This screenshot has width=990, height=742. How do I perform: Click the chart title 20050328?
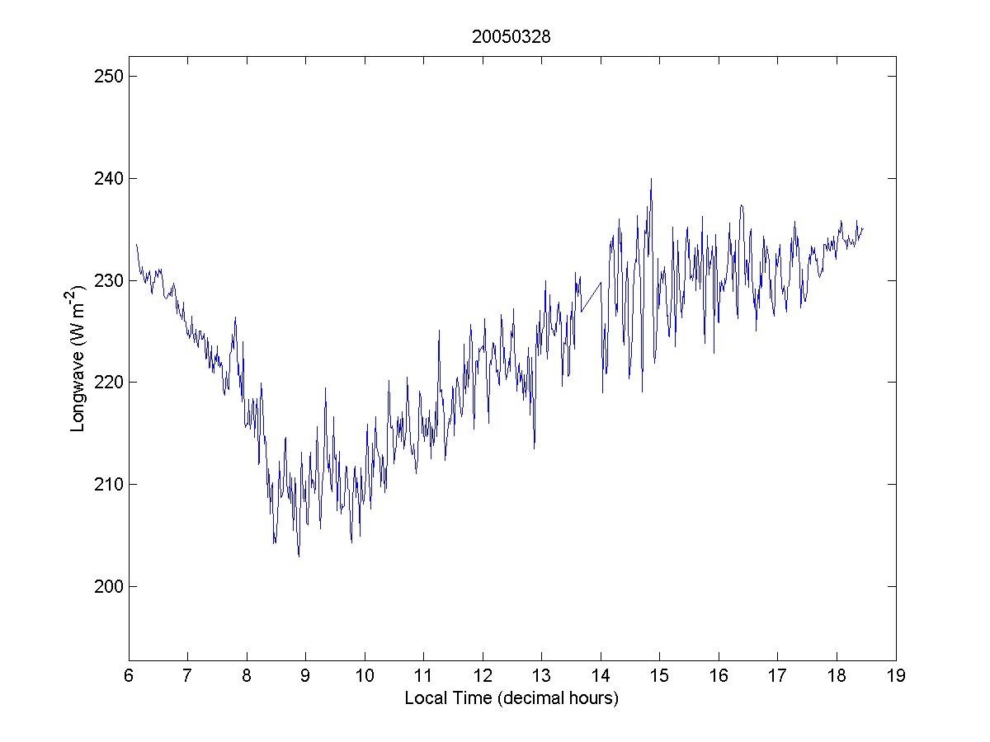(511, 37)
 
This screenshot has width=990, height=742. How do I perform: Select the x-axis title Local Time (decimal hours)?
(511, 698)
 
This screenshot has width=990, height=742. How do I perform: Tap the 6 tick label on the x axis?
(129, 677)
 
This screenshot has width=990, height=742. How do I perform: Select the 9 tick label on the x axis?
(305, 677)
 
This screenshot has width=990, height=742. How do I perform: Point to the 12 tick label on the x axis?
(483, 677)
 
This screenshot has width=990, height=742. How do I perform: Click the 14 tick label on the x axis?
(601, 677)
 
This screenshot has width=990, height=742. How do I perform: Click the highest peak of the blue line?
(651, 178)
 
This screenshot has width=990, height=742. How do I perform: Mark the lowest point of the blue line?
(299, 556)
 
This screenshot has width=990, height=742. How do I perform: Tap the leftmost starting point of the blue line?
(136, 244)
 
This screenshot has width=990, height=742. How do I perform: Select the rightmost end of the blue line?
(863, 228)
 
